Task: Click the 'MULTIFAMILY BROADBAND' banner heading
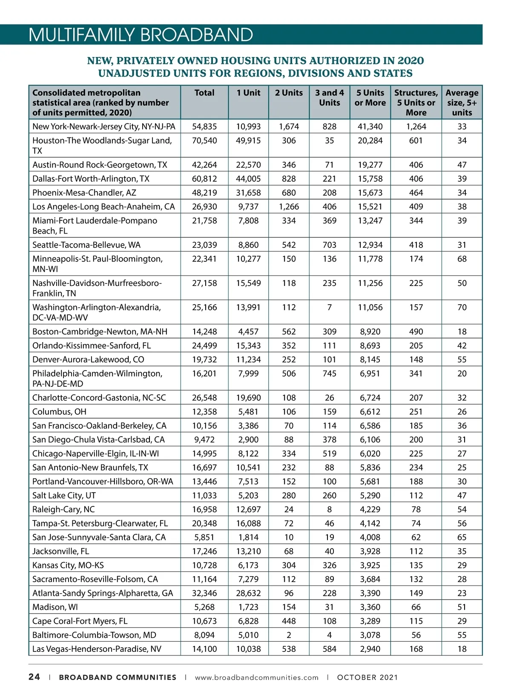pyautogui.click(x=141, y=35)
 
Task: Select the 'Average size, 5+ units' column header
pyautogui.click(x=462, y=103)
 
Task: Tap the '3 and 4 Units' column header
pyautogui.click(x=329, y=97)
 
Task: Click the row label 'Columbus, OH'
pyautogui.click(x=59, y=411)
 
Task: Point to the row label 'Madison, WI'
pyautogui.click(x=55, y=607)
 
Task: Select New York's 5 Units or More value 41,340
pyautogui.click(x=370, y=126)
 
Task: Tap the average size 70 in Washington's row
pyautogui.click(x=462, y=307)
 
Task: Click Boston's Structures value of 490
pyautogui.click(x=416, y=331)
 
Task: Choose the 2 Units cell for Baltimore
pyautogui.click(x=289, y=635)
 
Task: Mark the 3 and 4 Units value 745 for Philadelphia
pyautogui.click(x=329, y=373)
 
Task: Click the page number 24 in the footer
pyautogui.click(x=34, y=677)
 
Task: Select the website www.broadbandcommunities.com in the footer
pyautogui.click(x=256, y=677)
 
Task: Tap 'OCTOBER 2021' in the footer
pyautogui.click(x=367, y=677)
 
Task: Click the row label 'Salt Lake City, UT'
pyautogui.click(x=64, y=495)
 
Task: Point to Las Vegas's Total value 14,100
pyautogui.click(x=204, y=649)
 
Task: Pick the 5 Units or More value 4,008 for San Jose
pyautogui.click(x=370, y=537)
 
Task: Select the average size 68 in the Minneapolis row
pyautogui.click(x=462, y=259)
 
